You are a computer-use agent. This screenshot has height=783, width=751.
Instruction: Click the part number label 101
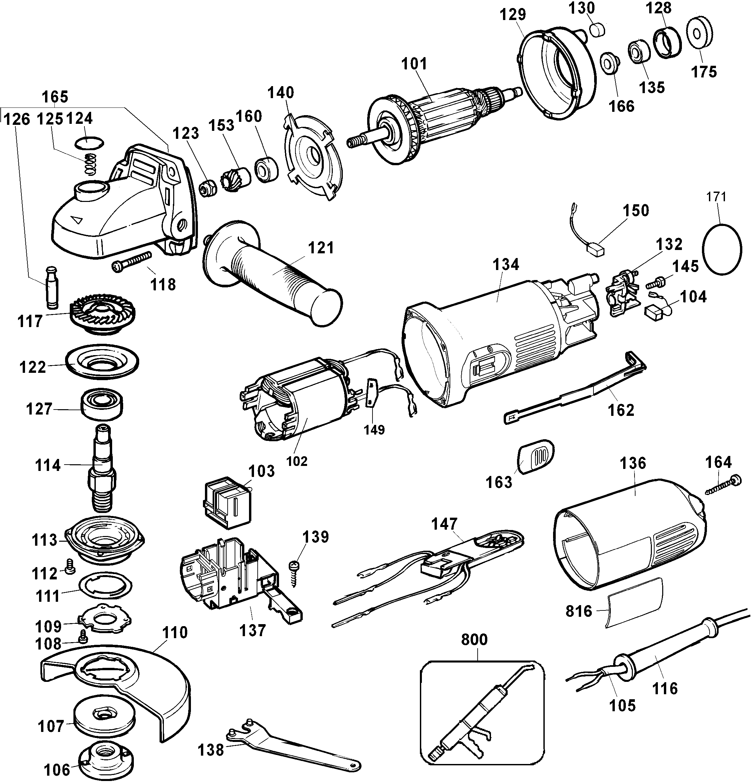[415, 64]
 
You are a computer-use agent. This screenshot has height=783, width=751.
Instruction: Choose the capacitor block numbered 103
[227, 503]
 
